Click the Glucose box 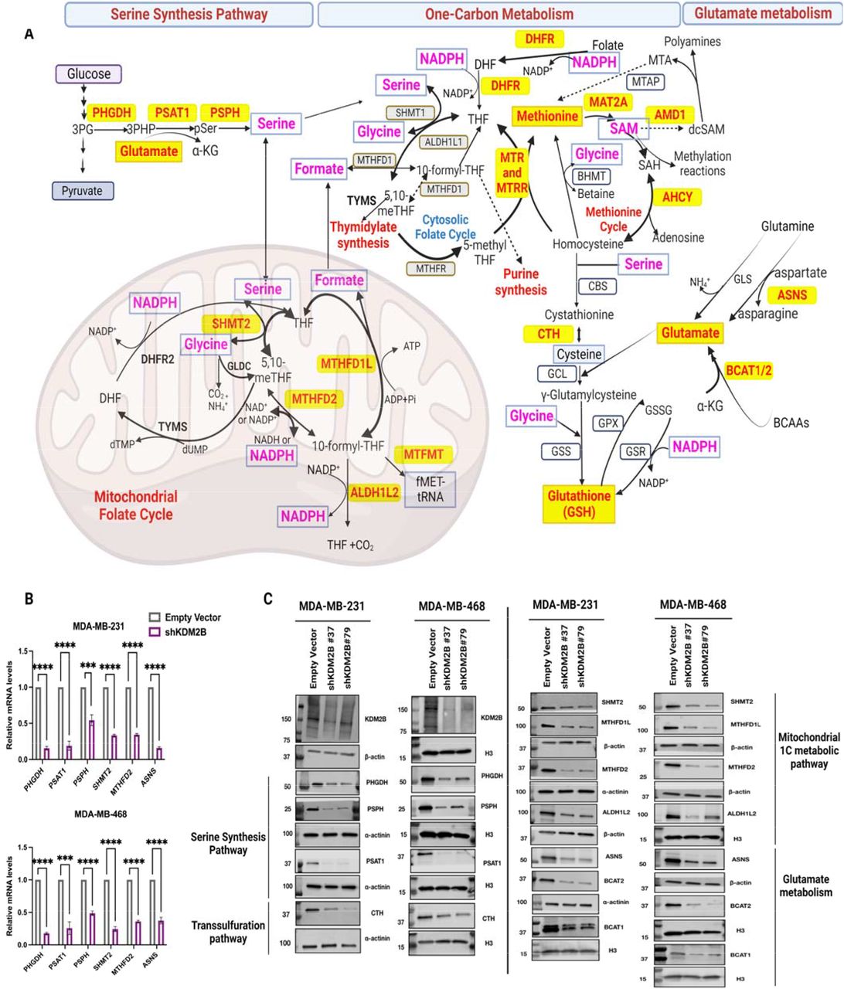click(x=89, y=74)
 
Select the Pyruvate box click(x=83, y=191)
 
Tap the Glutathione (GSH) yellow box click(x=579, y=504)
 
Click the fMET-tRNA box click(x=429, y=489)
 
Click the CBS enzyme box click(x=597, y=286)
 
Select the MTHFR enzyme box click(x=431, y=268)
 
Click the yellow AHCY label click(x=677, y=197)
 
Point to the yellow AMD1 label click(x=670, y=115)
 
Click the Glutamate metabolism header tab click(x=762, y=13)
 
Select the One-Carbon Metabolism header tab click(x=499, y=14)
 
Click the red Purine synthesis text click(x=520, y=282)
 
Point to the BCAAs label click(x=792, y=423)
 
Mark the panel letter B click(x=29, y=597)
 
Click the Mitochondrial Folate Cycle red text click(x=135, y=505)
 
